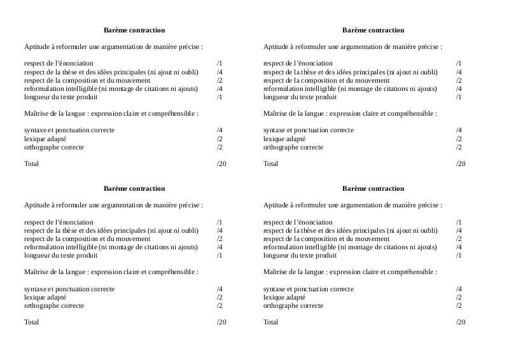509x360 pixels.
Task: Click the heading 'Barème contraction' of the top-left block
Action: click(x=134, y=30)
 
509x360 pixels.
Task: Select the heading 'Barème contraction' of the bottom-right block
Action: click(x=373, y=189)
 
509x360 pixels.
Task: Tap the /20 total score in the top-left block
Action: click(x=221, y=164)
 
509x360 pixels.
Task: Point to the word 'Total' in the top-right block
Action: click(x=270, y=164)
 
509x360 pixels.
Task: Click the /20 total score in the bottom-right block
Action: click(x=461, y=322)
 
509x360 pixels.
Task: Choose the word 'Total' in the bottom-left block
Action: click(x=31, y=322)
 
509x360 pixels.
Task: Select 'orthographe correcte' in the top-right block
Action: click(x=293, y=148)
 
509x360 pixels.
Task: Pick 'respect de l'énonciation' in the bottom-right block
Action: click(x=298, y=222)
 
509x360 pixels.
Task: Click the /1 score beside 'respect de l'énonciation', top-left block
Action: click(x=220, y=64)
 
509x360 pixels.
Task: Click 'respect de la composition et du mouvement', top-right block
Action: click(x=326, y=81)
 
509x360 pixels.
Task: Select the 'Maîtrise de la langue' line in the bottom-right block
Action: click(x=350, y=272)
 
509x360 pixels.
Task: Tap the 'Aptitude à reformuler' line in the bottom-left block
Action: click(x=113, y=205)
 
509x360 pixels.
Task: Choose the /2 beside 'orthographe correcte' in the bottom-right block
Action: click(x=459, y=306)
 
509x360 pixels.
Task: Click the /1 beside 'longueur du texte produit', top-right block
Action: click(x=459, y=97)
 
